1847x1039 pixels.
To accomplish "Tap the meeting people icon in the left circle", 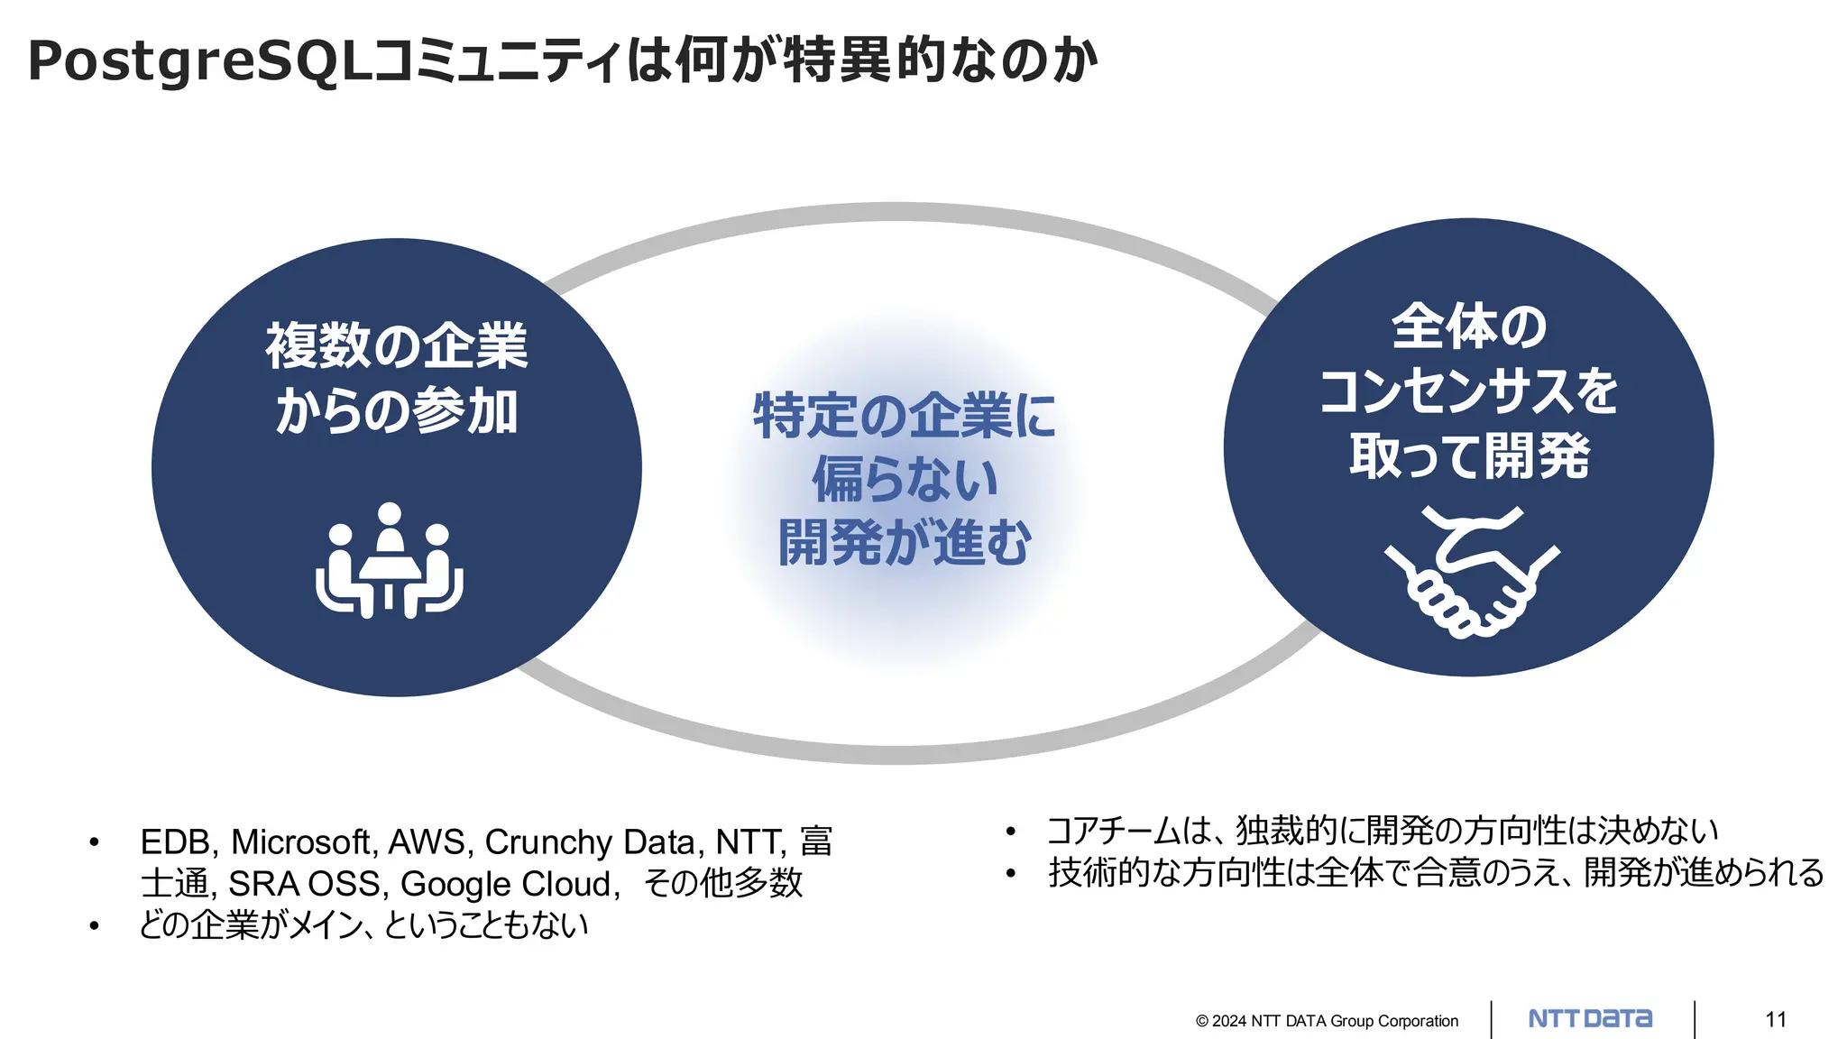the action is click(390, 561).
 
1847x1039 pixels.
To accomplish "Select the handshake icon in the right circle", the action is click(1472, 572).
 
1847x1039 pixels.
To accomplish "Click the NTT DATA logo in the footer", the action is click(1590, 1019).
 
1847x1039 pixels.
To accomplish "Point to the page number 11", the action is click(1776, 1019).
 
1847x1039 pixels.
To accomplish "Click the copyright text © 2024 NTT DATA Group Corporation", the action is click(1327, 1021).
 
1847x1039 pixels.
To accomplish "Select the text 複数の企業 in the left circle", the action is click(396, 345).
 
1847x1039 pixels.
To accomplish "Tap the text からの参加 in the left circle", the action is click(396, 412).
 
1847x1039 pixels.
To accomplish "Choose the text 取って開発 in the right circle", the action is click(1468, 455).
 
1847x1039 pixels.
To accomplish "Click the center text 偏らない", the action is click(905, 479).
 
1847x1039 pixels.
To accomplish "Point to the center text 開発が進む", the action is click(905, 543).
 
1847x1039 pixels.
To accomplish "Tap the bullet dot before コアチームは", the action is click(1011, 831).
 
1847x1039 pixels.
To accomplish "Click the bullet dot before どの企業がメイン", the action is click(94, 925).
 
